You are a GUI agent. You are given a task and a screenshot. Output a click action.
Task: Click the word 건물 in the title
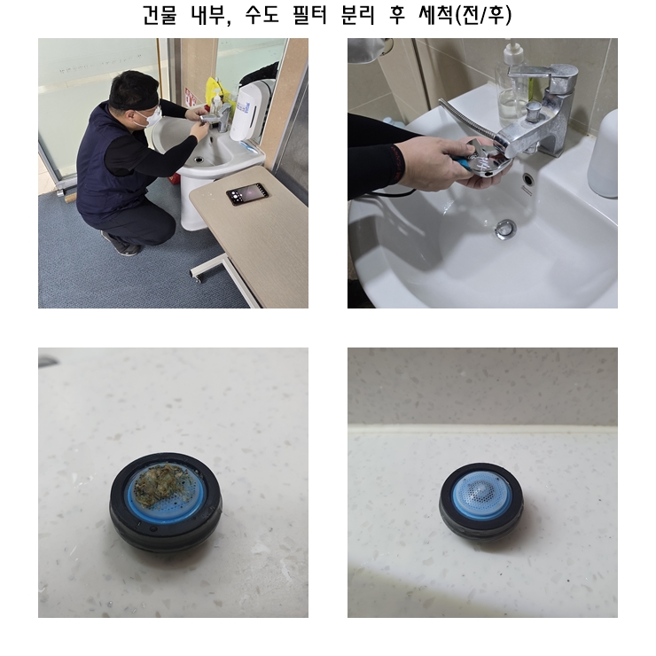point(160,15)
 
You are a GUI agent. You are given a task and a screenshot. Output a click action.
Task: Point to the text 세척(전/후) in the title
point(465,15)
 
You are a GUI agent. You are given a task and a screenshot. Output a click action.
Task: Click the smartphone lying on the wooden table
point(246,194)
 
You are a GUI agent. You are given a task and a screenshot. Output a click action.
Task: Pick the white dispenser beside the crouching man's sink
point(246,111)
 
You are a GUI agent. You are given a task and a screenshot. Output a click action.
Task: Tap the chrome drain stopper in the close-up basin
point(506,229)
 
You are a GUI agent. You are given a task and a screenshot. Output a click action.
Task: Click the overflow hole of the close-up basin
point(528,179)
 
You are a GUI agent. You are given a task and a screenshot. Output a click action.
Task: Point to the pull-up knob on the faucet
point(533,111)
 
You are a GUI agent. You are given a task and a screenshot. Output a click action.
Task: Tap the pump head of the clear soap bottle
point(511,51)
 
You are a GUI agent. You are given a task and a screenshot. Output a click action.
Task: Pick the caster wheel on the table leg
point(196,276)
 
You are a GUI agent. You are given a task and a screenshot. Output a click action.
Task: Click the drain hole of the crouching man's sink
point(199,159)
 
